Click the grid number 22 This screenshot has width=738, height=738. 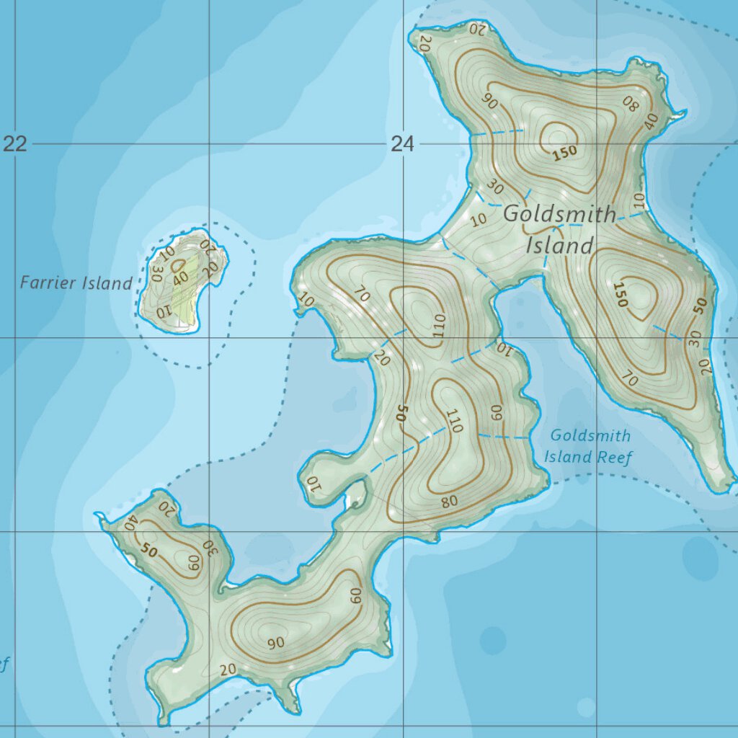tap(15, 144)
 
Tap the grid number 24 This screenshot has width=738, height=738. tap(403, 145)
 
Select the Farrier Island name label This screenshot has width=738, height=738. tap(76, 283)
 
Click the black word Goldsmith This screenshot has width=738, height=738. tap(559, 214)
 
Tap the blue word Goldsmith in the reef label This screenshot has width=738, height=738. tap(590, 435)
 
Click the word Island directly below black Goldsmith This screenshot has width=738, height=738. tap(559, 246)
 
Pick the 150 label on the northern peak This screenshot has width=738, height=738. tap(566, 153)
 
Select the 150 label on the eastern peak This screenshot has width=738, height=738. tap(619, 295)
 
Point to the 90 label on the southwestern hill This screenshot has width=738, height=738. tap(276, 642)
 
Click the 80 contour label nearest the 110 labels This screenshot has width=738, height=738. tap(449, 501)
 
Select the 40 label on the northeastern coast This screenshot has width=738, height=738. tap(652, 121)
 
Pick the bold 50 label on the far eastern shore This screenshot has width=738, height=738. tap(698, 306)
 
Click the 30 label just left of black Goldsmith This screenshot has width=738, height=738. tap(494, 187)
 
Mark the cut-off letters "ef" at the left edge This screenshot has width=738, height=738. tap(4, 664)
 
